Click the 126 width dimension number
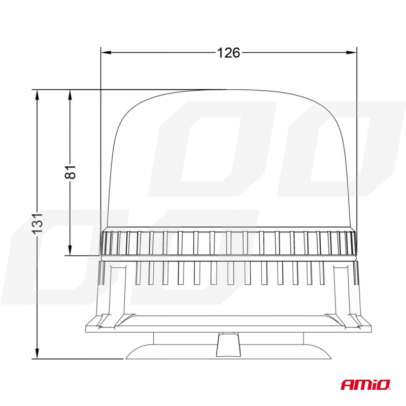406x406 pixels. point(228,53)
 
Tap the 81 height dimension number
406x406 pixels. point(70,172)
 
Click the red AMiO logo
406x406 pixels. point(365,384)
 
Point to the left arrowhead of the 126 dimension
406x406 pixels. point(106,53)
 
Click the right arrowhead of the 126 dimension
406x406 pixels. point(351,53)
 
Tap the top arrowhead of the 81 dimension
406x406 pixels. point(70,95)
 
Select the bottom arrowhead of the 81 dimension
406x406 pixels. point(70,250)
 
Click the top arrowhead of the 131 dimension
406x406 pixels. point(37,95)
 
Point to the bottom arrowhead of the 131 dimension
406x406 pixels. point(37,353)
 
